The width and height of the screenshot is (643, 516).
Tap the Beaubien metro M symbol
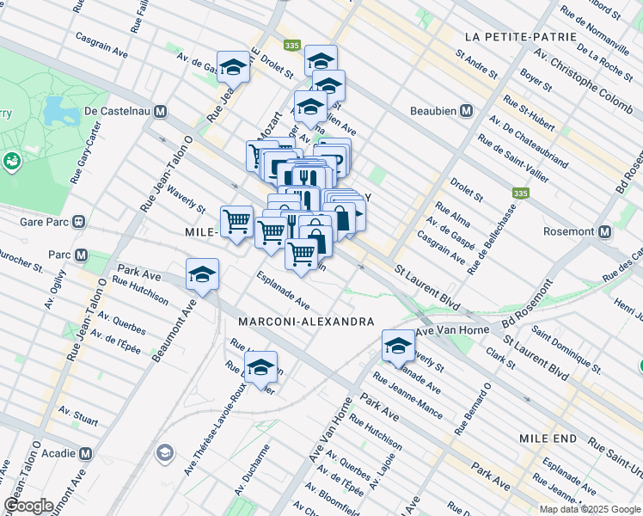[466, 111]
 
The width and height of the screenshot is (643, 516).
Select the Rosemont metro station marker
[605, 232]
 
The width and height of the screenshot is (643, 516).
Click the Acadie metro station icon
[85, 452]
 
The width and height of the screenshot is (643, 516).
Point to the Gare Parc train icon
[78, 220]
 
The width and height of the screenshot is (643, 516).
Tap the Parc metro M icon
[82, 255]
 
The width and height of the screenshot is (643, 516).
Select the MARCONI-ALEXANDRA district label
[306, 321]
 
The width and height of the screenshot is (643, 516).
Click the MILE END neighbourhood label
[552, 439]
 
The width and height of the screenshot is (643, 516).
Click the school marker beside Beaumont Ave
[202, 275]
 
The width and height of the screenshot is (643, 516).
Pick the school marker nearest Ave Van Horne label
[398, 346]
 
